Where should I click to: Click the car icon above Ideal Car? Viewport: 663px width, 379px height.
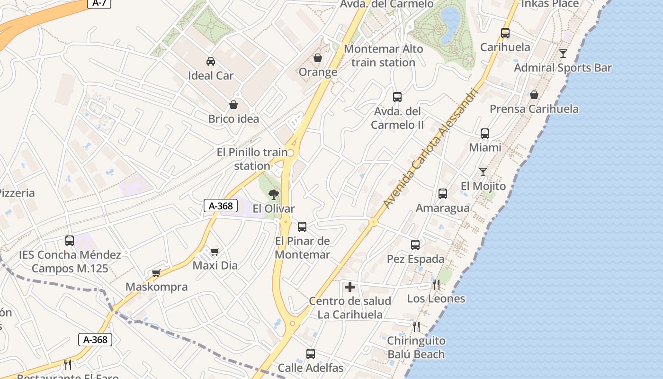pyautogui.click(x=210, y=61)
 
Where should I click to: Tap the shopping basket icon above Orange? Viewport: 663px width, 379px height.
pyautogui.click(x=318, y=58)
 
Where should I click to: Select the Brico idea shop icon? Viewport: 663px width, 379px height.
pyautogui.click(x=233, y=104)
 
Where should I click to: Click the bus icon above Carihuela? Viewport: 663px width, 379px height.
pyautogui.click(x=505, y=33)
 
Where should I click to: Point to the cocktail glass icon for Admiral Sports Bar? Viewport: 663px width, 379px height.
pyautogui.click(x=563, y=54)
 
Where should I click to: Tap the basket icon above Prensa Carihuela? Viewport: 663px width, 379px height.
pyautogui.click(x=534, y=95)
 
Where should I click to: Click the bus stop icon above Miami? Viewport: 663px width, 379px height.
pyautogui.click(x=484, y=134)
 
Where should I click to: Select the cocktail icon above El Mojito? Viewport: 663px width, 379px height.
pyautogui.click(x=483, y=172)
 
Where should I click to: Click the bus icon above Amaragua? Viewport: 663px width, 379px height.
pyautogui.click(x=443, y=194)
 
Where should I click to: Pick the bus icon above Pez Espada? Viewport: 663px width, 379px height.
pyautogui.click(x=415, y=245)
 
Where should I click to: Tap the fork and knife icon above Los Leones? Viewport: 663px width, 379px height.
pyautogui.click(x=436, y=284)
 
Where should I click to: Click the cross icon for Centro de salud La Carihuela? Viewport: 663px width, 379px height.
pyautogui.click(x=350, y=287)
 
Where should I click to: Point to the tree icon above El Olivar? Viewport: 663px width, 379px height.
pyautogui.click(x=273, y=194)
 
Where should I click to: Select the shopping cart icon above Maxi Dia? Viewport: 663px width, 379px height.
pyautogui.click(x=215, y=252)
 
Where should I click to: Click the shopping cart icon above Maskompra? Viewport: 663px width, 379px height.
pyautogui.click(x=156, y=273)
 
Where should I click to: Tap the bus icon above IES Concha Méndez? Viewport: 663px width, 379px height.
pyautogui.click(x=70, y=241)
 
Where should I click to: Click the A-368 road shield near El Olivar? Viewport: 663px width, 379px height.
pyautogui.click(x=220, y=206)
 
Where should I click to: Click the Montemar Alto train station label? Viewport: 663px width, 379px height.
pyautogui.click(x=383, y=55)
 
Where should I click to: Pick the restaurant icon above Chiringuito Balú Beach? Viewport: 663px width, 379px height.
pyautogui.click(x=416, y=326)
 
